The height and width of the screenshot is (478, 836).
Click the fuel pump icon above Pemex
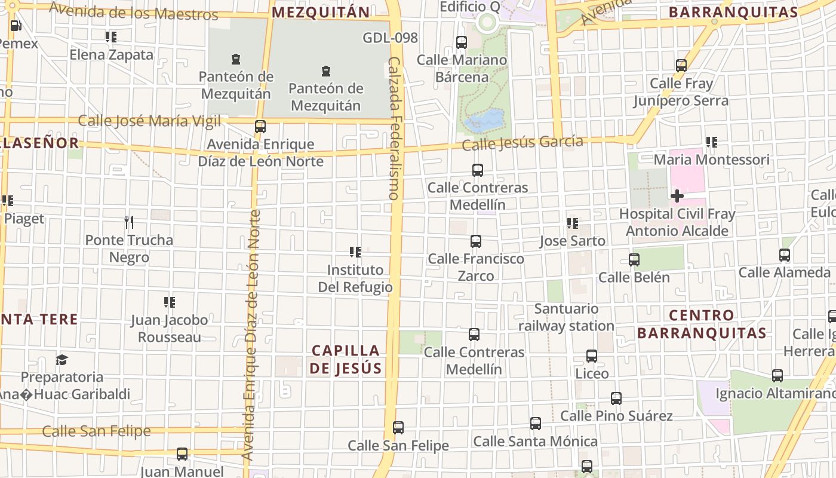[16, 26]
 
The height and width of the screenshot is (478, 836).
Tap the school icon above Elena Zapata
[110, 37]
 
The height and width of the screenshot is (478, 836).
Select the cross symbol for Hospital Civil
[677, 195]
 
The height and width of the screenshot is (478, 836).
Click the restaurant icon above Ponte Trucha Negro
[129, 222]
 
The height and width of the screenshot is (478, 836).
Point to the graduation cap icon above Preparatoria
[62, 360]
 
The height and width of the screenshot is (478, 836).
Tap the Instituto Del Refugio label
[355, 278]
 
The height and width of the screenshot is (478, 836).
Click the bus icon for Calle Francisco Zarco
[476, 241]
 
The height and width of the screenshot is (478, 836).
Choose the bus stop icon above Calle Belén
[634, 260]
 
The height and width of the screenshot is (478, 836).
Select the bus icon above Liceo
[592, 356]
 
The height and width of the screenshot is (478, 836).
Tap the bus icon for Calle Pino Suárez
[616, 398]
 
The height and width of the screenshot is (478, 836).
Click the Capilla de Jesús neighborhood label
[346, 359]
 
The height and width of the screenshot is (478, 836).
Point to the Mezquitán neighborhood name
[321, 12]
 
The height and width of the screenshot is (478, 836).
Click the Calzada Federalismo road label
[394, 128]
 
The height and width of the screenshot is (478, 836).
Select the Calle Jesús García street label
[522, 143]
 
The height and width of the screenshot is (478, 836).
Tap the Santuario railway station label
[566, 317]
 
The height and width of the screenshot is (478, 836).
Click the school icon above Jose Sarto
[572, 223]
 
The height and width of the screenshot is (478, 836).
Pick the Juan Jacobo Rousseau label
[170, 328]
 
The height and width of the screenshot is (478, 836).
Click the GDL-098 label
[390, 38]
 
